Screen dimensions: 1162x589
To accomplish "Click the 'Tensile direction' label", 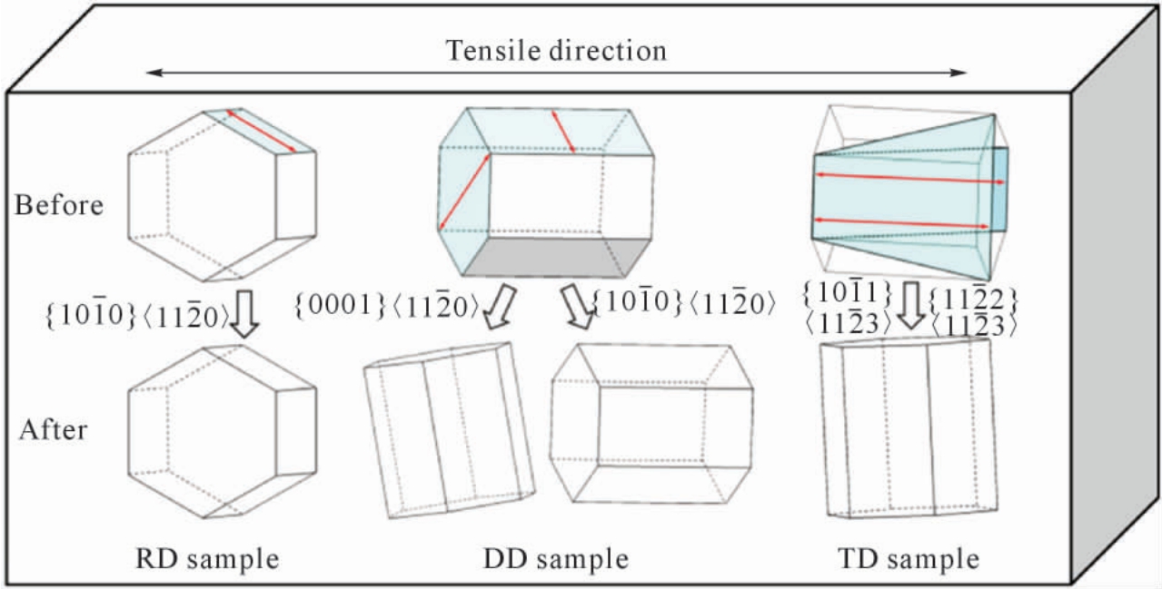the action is tap(556, 51).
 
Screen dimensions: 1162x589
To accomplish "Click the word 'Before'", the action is tap(59, 205).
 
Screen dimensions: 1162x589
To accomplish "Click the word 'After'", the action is tap(53, 430).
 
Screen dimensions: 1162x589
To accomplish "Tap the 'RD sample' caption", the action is tap(207, 559).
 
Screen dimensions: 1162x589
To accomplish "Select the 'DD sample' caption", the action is tap(556, 559).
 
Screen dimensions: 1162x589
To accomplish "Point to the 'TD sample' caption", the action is tap(909, 559).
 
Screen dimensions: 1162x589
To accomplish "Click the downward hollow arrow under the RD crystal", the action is tap(243, 314).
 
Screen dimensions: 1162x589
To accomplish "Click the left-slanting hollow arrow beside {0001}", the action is tap(500, 307).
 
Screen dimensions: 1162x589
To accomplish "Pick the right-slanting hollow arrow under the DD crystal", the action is tap(577, 307).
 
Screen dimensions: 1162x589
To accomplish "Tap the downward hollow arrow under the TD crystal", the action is tap(911, 306).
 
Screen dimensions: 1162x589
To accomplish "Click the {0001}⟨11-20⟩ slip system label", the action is tap(386, 306).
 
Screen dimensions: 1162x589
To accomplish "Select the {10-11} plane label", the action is tap(847, 293).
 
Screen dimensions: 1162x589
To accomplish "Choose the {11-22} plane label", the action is tap(973, 299).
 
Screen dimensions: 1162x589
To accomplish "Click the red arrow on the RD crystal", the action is tap(261, 131).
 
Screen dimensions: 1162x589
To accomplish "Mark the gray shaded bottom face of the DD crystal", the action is tap(557, 257).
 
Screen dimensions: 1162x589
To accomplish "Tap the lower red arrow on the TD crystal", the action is tap(901, 223).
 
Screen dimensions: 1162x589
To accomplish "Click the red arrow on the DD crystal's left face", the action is tap(465, 191).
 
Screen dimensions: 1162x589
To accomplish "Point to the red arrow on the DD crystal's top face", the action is tap(563, 132).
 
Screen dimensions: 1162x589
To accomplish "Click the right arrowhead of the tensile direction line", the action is tap(960, 73).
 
